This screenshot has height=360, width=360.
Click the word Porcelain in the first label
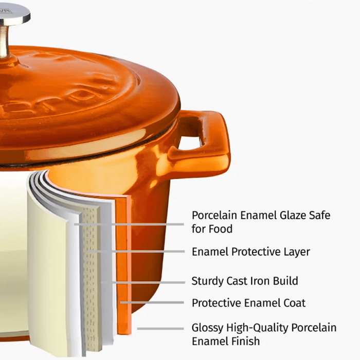(215, 215)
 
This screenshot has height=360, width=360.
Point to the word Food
(221, 228)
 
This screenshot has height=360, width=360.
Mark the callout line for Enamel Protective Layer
(139, 251)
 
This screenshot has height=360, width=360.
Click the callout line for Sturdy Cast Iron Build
(144, 282)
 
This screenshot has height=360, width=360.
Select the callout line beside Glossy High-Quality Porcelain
(159, 328)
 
